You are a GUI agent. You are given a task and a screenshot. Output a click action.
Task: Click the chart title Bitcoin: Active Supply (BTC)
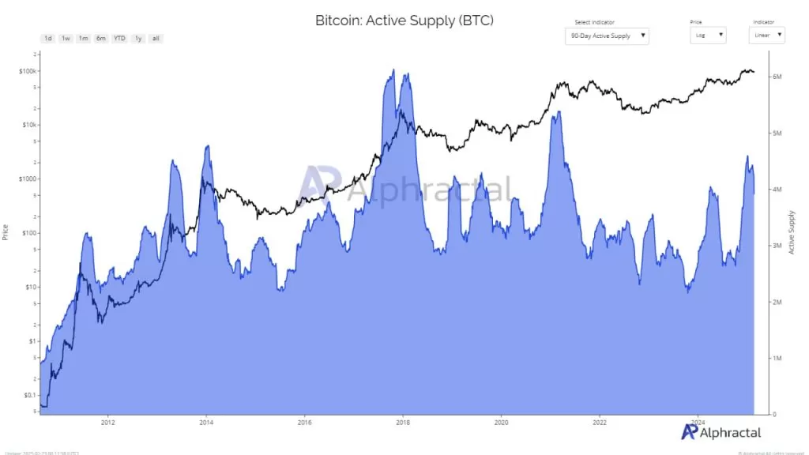[404, 21]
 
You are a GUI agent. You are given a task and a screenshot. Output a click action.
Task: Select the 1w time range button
[66, 38]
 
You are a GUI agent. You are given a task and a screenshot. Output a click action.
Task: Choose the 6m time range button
[101, 38]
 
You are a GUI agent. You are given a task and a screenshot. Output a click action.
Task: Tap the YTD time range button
[119, 38]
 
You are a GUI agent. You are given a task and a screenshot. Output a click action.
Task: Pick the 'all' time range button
[156, 38]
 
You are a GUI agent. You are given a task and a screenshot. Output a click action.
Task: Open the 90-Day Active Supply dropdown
[607, 36]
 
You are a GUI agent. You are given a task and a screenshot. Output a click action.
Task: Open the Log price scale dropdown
[708, 36]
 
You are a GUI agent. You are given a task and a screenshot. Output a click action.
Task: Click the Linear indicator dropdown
[766, 36]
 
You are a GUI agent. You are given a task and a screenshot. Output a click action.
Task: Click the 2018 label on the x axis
[402, 422]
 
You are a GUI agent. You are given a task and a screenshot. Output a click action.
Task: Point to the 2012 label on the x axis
[107, 422]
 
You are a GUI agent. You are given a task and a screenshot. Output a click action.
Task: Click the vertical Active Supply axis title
[792, 233]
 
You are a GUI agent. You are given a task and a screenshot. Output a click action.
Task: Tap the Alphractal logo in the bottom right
[721, 431]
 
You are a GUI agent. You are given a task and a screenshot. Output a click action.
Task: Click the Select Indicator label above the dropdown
[594, 22]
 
